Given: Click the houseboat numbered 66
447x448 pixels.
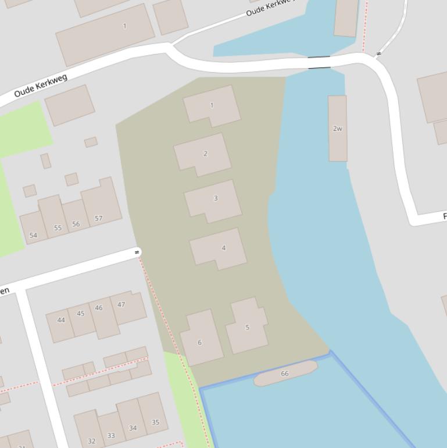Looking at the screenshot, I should click(x=285, y=374).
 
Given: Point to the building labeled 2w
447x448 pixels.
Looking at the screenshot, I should click(x=338, y=129).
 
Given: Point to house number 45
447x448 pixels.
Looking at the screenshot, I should click(x=81, y=321).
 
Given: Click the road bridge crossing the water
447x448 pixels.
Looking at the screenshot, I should click(x=319, y=62).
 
